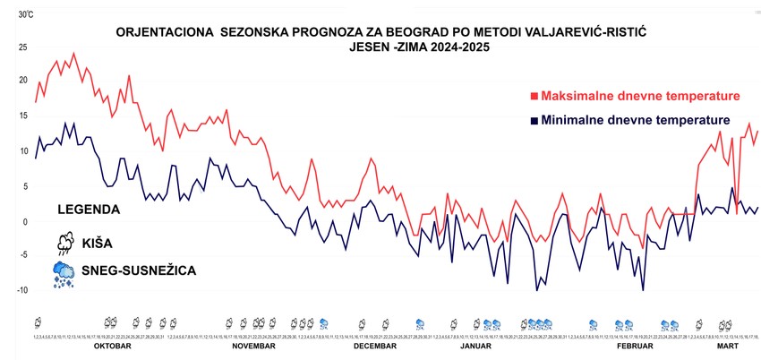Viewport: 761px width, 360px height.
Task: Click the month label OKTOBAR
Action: click(x=113, y=345)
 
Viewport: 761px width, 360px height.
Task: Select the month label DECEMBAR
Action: click(x=374, y=345)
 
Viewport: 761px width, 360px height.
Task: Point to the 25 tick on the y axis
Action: click(x=25, y=47)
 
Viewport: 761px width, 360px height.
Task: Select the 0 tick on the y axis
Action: click(x=26, y=221)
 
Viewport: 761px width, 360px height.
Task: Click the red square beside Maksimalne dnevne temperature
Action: click(x=534, y=96)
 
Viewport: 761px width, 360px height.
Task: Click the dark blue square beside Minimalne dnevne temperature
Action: click(x=534, y=120)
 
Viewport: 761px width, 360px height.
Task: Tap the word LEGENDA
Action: click(x=89, y=209)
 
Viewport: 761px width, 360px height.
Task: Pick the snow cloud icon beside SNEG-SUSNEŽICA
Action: click(x=64, y=274)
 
